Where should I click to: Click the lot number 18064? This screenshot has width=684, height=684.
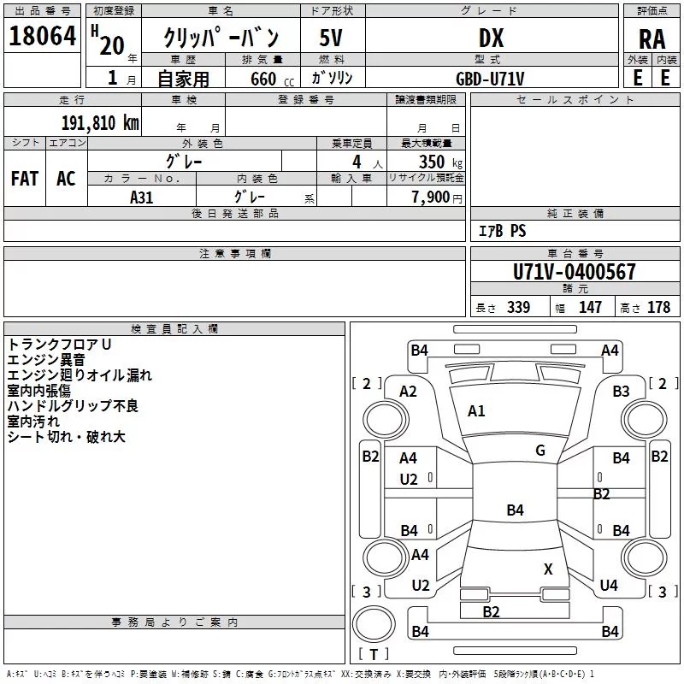[42, 36]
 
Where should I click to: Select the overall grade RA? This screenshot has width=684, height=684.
[652, 39]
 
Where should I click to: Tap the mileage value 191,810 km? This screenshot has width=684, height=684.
[100, 123]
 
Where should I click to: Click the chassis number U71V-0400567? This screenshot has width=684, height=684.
[574, 272]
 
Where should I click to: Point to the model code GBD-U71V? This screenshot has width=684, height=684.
[490, 79]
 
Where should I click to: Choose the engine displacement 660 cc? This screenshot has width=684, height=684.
[272, 79]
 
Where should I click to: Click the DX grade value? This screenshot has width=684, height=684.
[491, 38]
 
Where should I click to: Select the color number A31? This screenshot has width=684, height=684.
[141, 198]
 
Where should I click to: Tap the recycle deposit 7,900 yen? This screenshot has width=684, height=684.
[437, 198]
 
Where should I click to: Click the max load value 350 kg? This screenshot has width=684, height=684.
[440, 162]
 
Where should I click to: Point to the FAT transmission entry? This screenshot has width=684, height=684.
[25, 179]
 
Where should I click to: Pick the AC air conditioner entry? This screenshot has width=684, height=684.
[66, 179]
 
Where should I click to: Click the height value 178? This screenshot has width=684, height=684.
[658, 307]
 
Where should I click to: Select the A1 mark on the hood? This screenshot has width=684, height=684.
[476, 411]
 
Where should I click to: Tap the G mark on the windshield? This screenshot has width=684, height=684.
[540, 450]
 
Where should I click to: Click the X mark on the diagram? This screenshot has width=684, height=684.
[548, 569]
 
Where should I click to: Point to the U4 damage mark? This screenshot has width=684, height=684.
[609, 585]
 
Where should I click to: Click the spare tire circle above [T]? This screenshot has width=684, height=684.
[374, 624]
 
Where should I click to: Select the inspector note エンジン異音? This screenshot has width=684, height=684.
[46, 360]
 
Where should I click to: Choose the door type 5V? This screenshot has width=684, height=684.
[331, 38]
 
